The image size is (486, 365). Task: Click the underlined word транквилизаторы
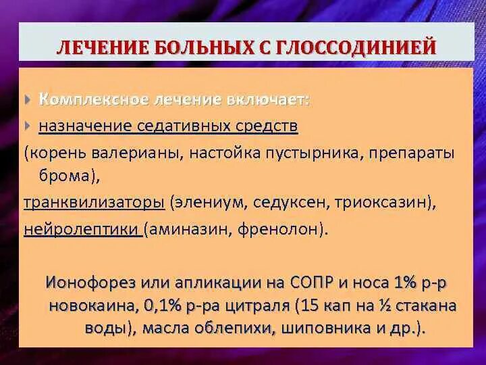pyautogui.click(x=94, y=202)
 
